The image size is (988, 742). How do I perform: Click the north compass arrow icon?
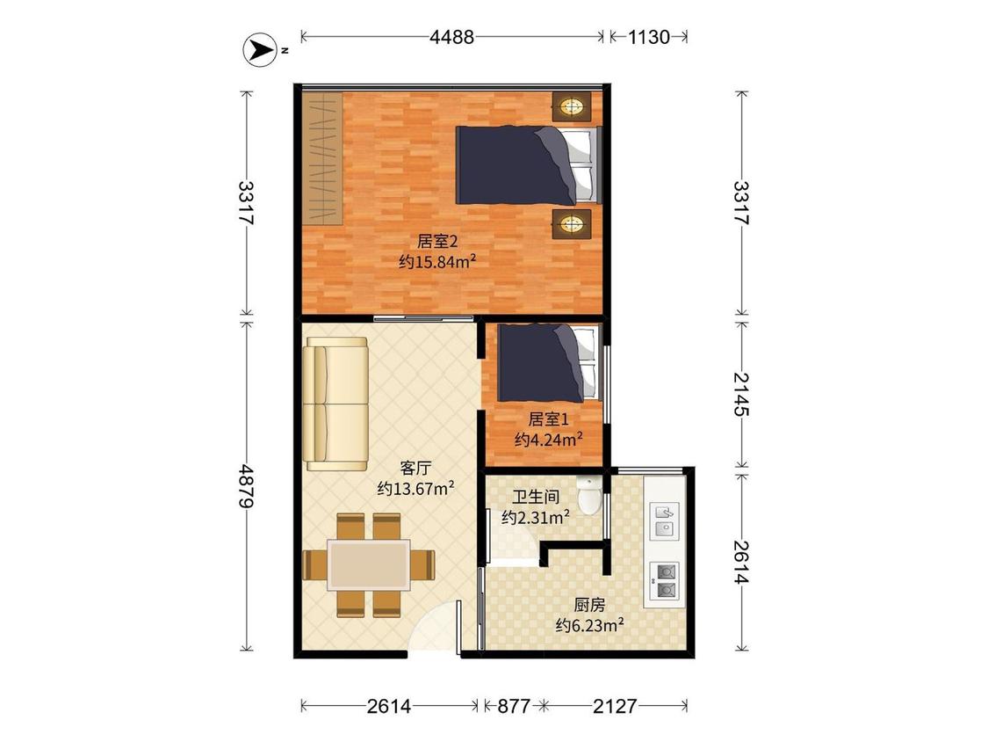click(x=260, y=49)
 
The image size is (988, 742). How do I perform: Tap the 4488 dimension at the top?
click(x=451, y=37)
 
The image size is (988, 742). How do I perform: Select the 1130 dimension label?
click(x=648, y=37)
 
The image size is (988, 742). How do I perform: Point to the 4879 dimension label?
click(x=247, y=486)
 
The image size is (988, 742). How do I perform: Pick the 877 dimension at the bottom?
click(x=514, y=705)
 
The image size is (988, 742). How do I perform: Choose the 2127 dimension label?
click(x=615, y=705)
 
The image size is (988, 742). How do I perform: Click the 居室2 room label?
click(x=436, y=241)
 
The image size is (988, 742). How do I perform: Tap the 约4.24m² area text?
click(x=548, y=440)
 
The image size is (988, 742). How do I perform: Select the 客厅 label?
click(x=416, y=469)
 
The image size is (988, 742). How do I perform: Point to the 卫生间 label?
click(x=536, y=497)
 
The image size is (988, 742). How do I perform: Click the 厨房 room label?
click(x=590, y=605)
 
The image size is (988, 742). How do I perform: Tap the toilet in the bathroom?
click(x=590, y=496)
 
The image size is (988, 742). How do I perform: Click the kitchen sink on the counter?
click(x=664, y=520)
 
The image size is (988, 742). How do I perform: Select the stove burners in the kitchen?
click(x=665, y=580)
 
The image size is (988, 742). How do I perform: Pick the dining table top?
click(x=369, y=564)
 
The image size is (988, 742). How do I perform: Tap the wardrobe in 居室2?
click(x=322, y=157)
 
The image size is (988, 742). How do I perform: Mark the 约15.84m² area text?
click(x=436, y=261)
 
